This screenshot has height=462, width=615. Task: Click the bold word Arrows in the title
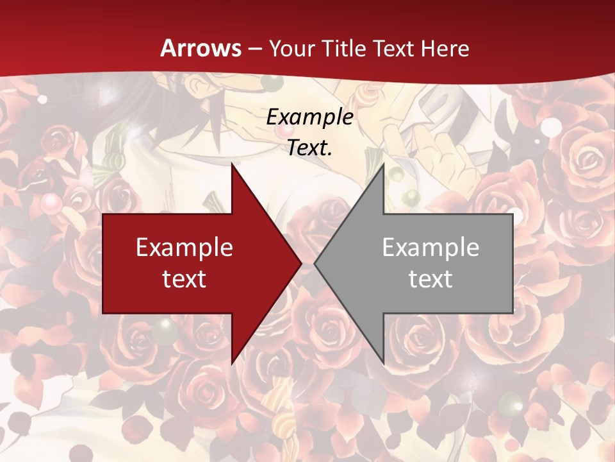pyautogui.click(x=201, y=48)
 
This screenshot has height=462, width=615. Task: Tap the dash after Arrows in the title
pyautogui.click(x=254, y=49)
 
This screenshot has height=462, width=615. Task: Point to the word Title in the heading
pyautogui.click(x=344, y=48)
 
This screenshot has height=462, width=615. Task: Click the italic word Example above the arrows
pyautogui.click(x=309, y=117)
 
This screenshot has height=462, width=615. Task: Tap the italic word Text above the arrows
pyautogui.click(x=307, y=148)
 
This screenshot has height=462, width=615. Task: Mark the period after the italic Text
pyautogui.click(x=330, y=154)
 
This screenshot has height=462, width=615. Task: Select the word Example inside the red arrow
pyautogui.click(x=184, y=248)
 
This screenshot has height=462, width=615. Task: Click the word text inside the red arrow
pyautogui.click(x=184, y=278)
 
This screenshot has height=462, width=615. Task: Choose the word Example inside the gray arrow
pyautogui.click(x=430, y=248)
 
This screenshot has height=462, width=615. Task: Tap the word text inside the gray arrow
pyautogui.click(x=430, y=278)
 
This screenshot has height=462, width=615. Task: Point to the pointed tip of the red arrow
pyautogui.click(x=301, y=263)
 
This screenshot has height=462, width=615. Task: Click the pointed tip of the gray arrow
pyautogui.click(x=315, y=263)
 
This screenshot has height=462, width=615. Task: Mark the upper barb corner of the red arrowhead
pyautogui.click(x=232, y=164)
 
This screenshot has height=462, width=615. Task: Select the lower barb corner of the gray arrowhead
pyautogui.click(x=383, y=363)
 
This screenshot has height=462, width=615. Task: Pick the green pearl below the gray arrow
pyautogui.click(x=511, y=402)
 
